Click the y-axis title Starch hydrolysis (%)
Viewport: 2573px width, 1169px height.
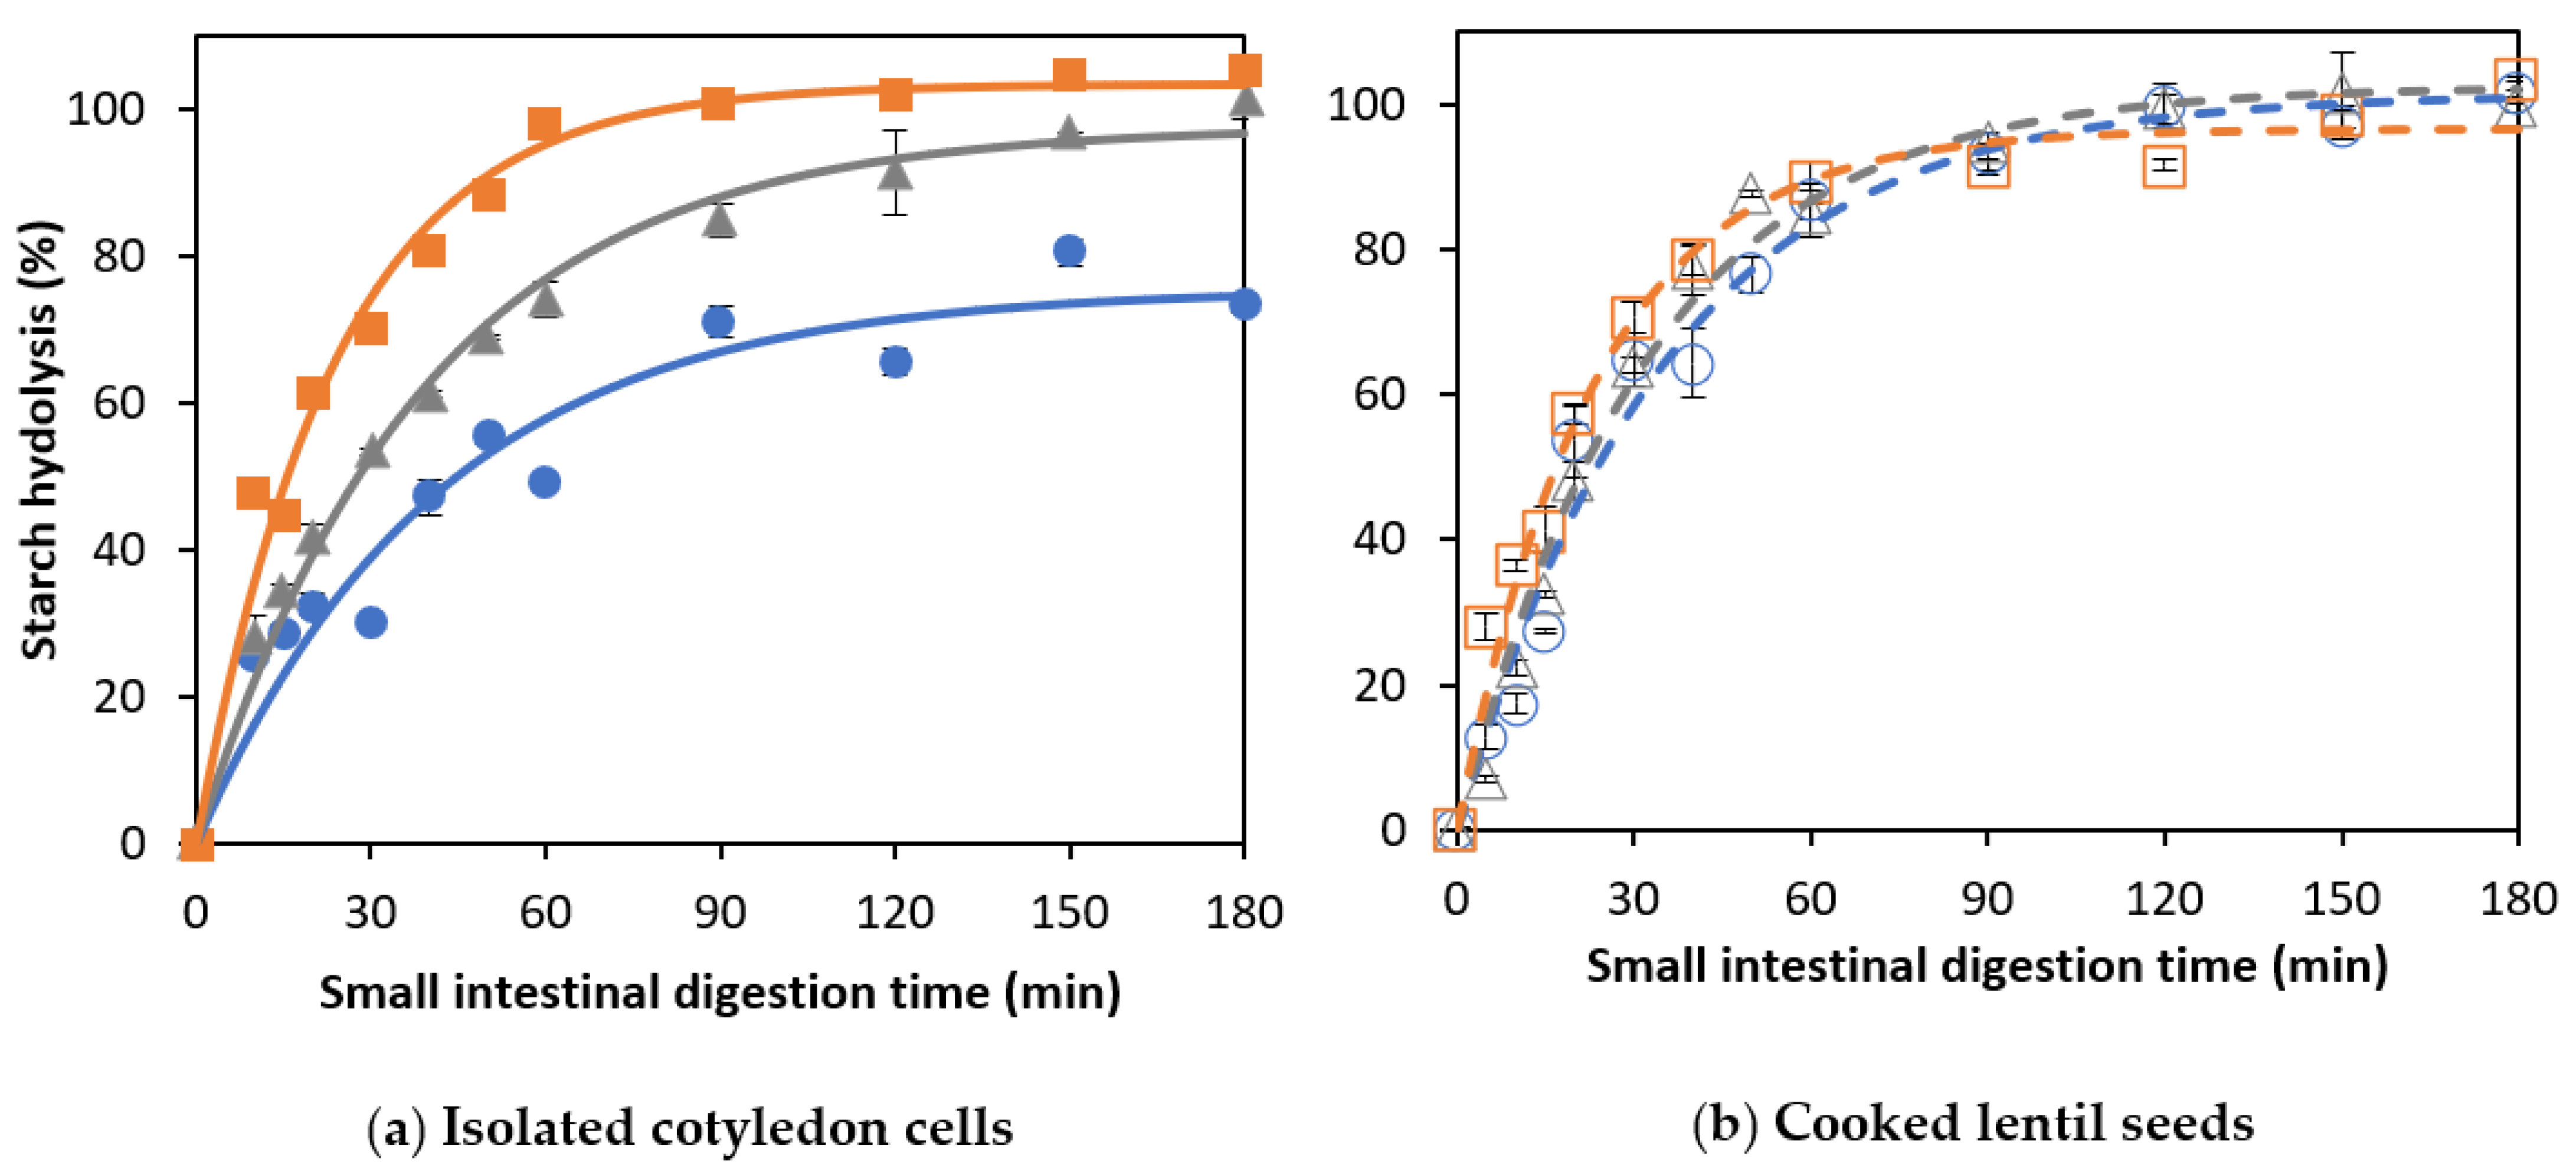40,440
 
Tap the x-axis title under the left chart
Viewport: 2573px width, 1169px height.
719,992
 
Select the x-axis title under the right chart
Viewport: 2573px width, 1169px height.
1986,965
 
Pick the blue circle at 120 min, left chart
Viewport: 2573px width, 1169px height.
895,362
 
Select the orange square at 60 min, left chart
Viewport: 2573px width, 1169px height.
544,125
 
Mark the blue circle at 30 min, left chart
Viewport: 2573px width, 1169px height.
371,622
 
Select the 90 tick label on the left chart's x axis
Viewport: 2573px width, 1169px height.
719,912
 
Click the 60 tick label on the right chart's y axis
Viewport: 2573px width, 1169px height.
1379,394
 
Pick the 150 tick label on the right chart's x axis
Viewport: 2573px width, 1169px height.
2341,899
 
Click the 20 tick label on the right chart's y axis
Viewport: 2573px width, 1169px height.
1379,685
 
